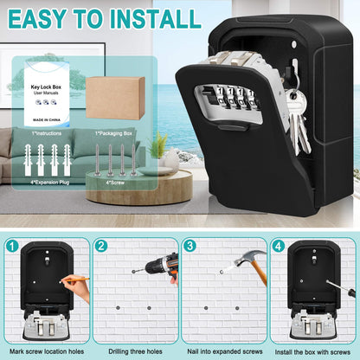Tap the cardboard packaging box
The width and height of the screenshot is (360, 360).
pyautogui.click(x=115, y=97)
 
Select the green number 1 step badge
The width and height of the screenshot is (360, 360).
pyautogui.click(x=13, y=247)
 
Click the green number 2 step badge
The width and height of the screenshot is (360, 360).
pyautogui.click(x=101, y=247)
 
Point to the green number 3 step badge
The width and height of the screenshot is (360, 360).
pyautogui.click(x=190, y=247)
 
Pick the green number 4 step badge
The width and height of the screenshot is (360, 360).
pyautogui.click(x=279, y=247)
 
